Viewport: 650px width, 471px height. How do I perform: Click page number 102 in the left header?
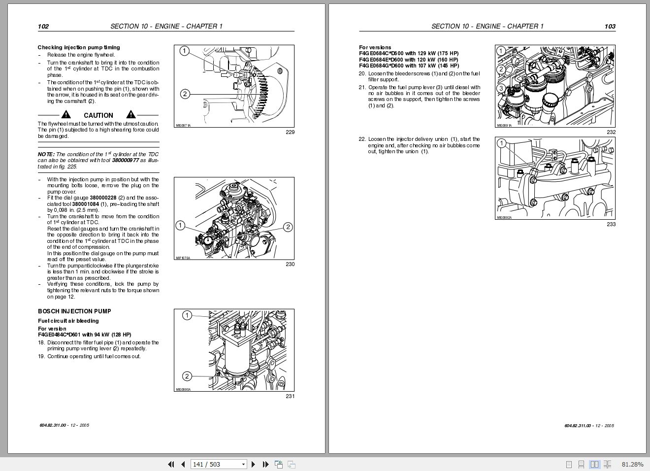[x=43, y=27]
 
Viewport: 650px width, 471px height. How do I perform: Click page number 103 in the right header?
[x=610, y=27]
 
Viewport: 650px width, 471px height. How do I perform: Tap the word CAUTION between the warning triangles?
[x=98, y=115]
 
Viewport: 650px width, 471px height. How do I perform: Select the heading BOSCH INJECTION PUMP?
[x=74, y=311]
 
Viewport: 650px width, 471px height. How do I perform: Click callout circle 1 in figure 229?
[x=184, y=51]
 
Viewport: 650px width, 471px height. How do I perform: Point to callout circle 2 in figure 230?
[x=288, y=227]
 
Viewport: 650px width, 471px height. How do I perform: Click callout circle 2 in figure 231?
[x=187, y=376]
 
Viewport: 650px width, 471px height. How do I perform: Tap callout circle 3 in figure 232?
[x=501, y=89]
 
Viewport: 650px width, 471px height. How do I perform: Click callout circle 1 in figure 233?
[x=501, y=144]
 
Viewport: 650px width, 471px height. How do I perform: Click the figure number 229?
[x=290, y=132]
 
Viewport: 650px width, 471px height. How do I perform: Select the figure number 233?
[x=611, y=224]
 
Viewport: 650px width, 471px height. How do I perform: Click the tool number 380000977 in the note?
[x=125, y=161]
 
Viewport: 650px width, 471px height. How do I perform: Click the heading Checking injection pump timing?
[x=79, y=48]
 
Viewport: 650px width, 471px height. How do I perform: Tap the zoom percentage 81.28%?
[x=632, y=464]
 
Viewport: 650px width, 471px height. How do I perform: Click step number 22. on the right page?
[x=362, y=139]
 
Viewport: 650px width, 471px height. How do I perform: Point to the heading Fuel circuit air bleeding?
[x=68, y=321]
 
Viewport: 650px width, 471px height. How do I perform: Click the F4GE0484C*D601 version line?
[x=85, y=335]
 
